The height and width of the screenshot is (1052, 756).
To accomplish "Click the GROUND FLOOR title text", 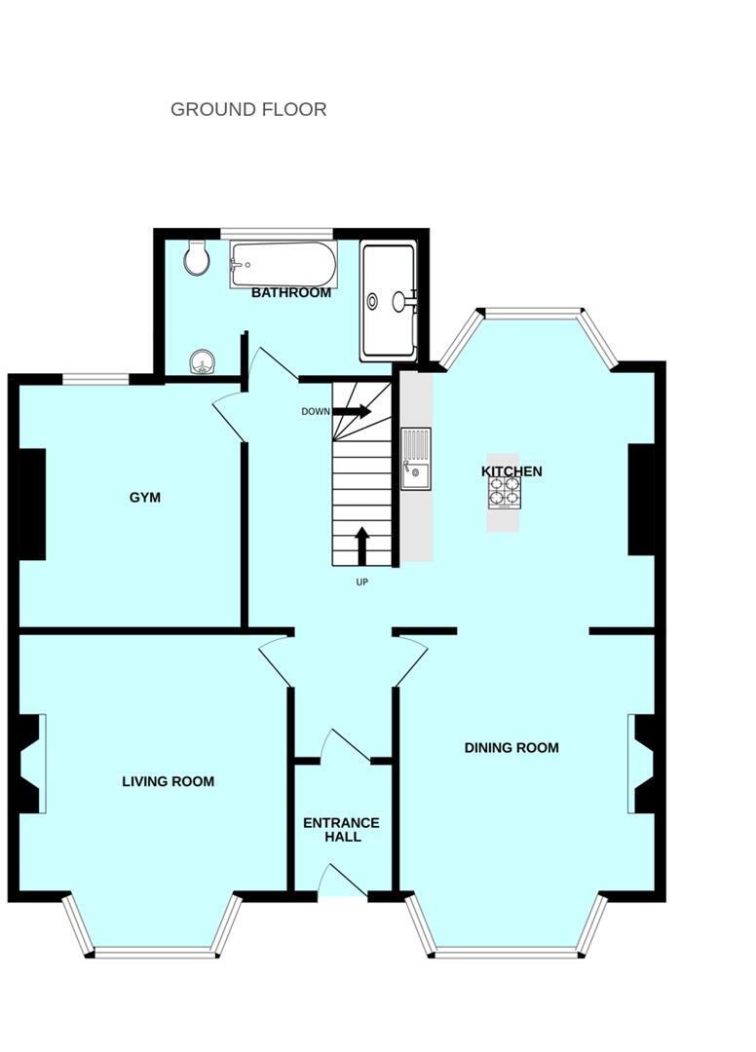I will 248,109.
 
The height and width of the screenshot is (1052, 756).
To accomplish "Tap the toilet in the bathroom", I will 198,256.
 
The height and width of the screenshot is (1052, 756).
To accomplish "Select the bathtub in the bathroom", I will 283,264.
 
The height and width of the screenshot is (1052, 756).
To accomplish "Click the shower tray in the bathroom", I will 388,300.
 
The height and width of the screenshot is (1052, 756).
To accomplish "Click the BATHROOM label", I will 291,292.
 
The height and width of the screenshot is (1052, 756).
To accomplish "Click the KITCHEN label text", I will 511,471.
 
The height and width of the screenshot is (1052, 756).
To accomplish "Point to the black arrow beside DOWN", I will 352,411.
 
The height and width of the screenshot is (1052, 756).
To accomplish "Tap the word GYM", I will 145,498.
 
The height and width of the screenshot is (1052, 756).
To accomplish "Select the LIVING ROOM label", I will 168,781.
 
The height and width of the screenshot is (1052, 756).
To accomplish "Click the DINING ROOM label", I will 511,748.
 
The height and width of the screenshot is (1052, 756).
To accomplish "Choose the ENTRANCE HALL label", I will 341,829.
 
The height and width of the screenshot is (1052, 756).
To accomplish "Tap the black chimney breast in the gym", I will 32,504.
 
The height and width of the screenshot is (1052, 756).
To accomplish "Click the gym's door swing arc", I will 229,414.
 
